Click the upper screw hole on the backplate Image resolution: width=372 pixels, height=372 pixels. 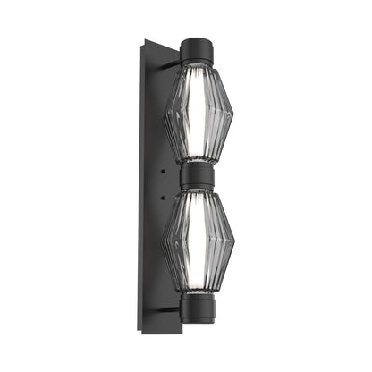point(164,167)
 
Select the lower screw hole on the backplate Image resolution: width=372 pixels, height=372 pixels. point(164,191)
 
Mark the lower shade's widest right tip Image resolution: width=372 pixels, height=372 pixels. point(233,240)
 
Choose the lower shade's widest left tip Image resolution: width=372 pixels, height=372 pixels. point(161,240)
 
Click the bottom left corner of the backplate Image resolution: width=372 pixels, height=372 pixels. point(141,332)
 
